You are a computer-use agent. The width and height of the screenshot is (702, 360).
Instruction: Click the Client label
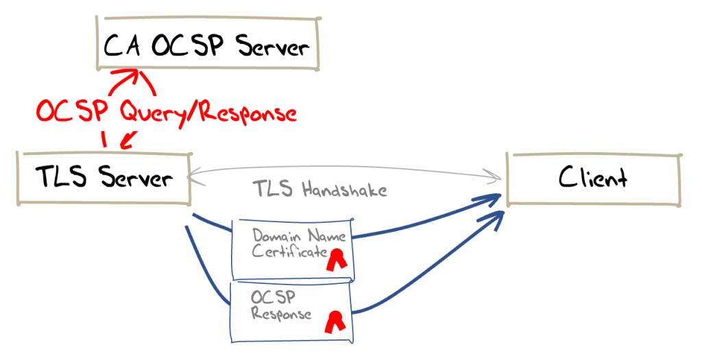pyautogui.click(x=593, y=178)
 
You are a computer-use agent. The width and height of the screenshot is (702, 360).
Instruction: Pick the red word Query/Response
pyautogui.click(x=209, y=112)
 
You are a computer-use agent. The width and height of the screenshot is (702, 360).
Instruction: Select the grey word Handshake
pyautogui.click(x=340, y=189)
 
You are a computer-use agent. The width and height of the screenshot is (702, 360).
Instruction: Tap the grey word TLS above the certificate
pyautogui.click(x=271, y=189)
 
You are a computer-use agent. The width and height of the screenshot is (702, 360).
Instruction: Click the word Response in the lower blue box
pyautogui.click(x=281, y=315)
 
